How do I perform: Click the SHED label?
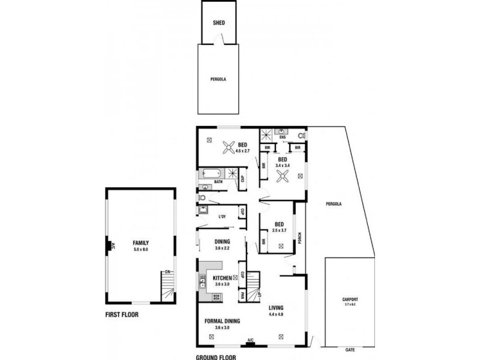click(x=218, y=24)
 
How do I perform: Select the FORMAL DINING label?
click(x=223, y=321)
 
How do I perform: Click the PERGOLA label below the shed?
click(x=218, y=79)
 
